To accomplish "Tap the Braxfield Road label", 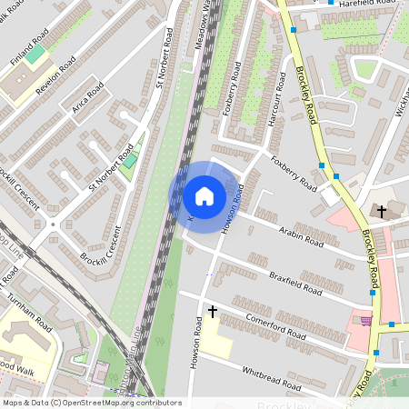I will click(295, 282).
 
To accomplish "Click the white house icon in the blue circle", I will click(204, 195).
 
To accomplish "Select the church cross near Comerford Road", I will click(213, 311).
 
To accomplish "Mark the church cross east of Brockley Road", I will click(382, 212).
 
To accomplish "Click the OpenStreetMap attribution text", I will click(92, 402).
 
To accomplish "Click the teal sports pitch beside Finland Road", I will click(35, 55).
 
